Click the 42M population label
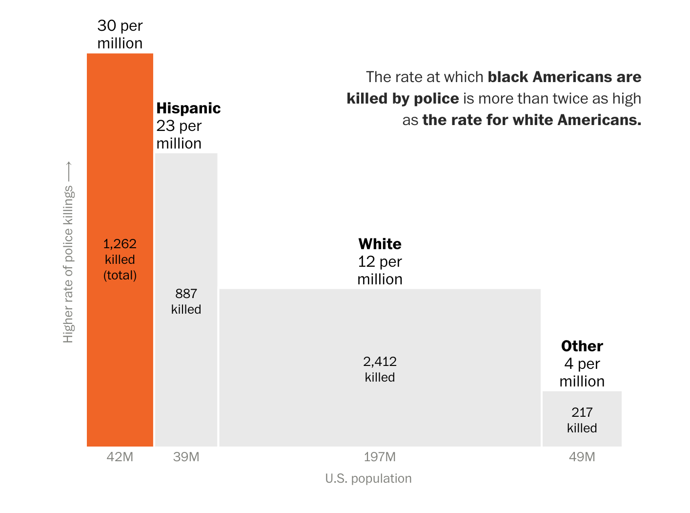tap(120, 457)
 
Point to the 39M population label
tap(186, 457)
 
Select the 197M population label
tap(380, 457)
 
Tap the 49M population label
tap(582, 457)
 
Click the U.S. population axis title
tap(368, 478)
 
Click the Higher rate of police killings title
tap(68, 264)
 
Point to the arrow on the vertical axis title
tap(68, 171)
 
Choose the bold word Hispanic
tap(188, 108)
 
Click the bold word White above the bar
tap(380, 244)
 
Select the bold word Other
tap(582, 346)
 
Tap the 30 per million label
tap(120, 34)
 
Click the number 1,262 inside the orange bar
tap(120, 244)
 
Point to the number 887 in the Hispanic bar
tap(186, 294)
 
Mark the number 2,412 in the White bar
tap(380, 362)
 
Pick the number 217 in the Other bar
tap(582, 412)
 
